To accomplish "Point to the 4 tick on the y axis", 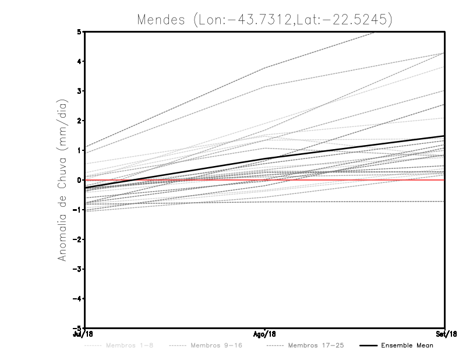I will coord(79,61).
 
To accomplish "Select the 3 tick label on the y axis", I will coord(79,91).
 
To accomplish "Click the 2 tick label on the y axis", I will coord(79,121).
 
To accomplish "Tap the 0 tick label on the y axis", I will coord(79,180).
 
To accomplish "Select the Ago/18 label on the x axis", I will coord(265,334).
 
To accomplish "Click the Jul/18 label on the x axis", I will coord(84,334).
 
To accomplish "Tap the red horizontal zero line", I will coord(349,180).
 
